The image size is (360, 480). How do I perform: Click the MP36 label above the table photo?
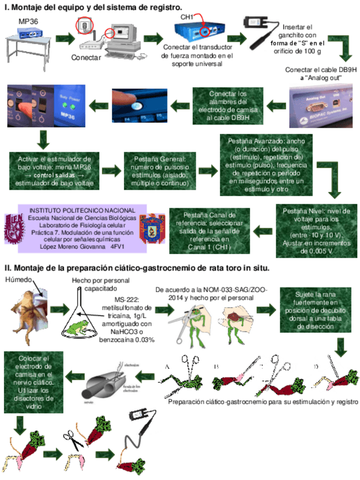(29, 21)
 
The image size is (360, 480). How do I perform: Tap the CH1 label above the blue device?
(187, 17)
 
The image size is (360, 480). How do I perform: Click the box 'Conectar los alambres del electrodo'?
(228, 106)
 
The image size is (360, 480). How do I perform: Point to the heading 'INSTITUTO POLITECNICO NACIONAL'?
(82, 211)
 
